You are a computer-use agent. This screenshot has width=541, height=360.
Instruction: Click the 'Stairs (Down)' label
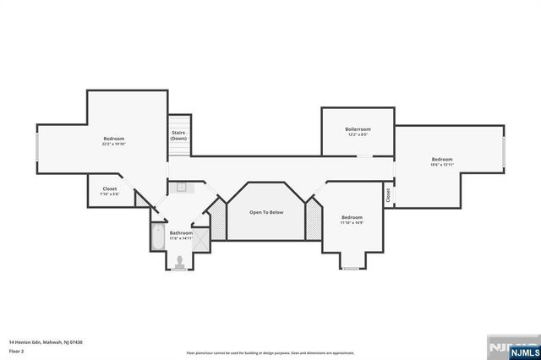pos(178,135)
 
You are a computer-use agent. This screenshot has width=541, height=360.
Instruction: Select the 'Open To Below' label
pos(265,212)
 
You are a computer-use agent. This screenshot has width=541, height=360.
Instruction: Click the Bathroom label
pos(181,233)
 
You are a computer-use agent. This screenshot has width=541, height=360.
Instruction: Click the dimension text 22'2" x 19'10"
pos(114,144)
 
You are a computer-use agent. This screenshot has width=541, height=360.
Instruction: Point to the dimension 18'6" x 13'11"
pos(441,165)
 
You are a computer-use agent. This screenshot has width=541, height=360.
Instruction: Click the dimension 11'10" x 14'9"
pos(352,222)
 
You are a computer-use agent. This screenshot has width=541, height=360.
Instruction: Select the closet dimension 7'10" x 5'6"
pos(110,194)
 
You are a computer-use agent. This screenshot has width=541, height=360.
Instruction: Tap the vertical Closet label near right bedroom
pos(388,195)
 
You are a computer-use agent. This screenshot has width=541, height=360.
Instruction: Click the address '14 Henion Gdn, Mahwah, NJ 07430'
pos(46,342)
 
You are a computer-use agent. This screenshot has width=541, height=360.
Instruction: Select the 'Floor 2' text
pos(16,349)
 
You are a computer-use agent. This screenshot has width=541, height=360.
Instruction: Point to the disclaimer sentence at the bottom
pos(270,352)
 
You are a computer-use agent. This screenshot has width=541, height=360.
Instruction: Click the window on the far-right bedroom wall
pos(505,152)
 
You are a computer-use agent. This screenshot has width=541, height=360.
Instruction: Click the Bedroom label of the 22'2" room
pos(114,139)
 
